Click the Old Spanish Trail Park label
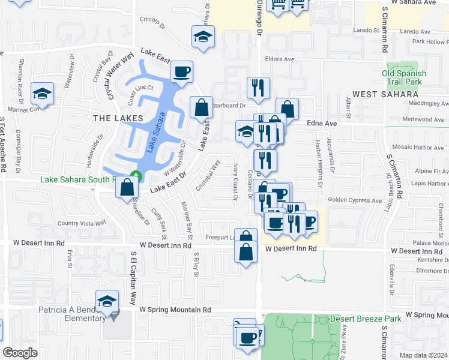tap(404, 78)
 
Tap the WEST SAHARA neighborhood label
tap(385, 94)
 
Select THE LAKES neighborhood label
tap(118, 118)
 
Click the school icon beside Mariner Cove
tap(43, 94)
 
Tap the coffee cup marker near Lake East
tap(181, 73)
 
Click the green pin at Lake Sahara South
tap(136, 176)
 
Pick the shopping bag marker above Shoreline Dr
tap(127, 188)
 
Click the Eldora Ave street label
tap(280, 59)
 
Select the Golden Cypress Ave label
tap(355, 200)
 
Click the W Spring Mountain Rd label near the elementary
tap(175, 310)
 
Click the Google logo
tap(20, 352)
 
